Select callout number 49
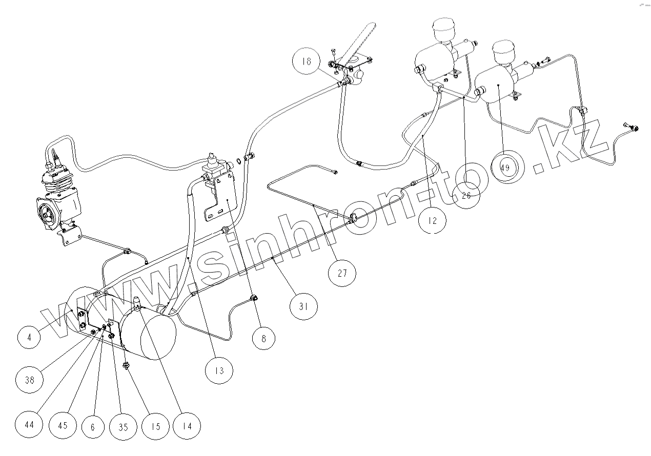pyautogui.click(x=505, y=168)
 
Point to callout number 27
pyautogui.click(x=342, y=273)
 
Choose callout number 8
pyautogui.click(x=263, y=339)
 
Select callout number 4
pyautogui.click(x=30, y=338)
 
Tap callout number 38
pyautogui.click(x=29, y=380)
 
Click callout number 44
pyautogui.click(x=29, y=424)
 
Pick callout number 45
pyautogui.click(x=63, y=425)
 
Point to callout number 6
pyautogui.click(x=92, y=425)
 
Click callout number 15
pyautogui.click(x=155, y=425)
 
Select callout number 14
pyautogui.click(x=187, y=425)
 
